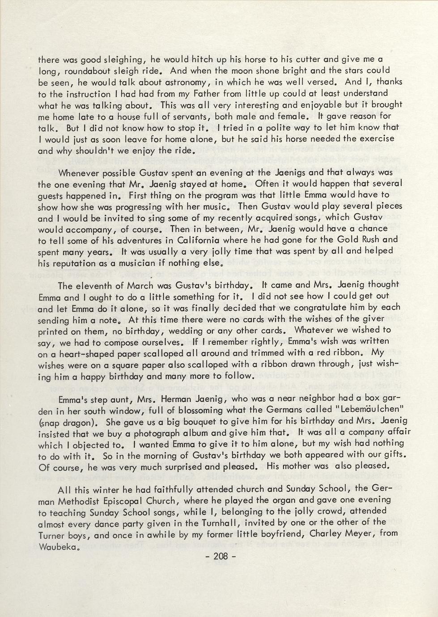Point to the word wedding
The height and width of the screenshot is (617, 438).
tap(180, 331)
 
